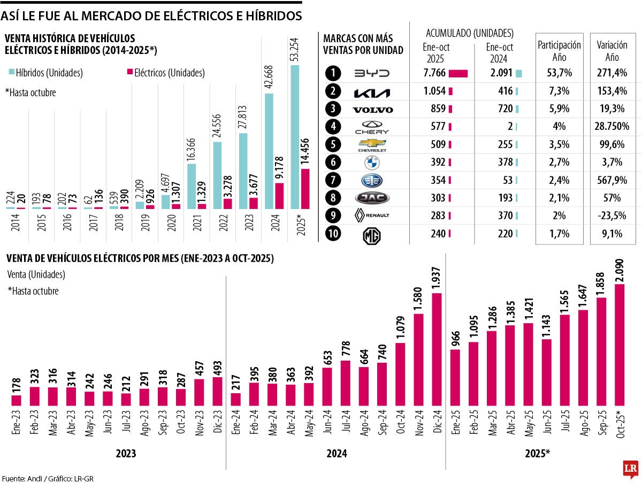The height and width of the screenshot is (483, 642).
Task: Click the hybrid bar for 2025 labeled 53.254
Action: (x=295, y=137)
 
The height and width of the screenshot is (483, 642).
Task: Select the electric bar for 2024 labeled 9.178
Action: (x=279, y=196)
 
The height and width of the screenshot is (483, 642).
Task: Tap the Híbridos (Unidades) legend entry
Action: (x=45, y=73)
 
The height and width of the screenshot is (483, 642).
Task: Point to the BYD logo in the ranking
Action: (x=372, y=74)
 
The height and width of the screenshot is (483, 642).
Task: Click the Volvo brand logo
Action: (x=372, y=110)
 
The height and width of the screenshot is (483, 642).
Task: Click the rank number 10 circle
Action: (x=333, y=233)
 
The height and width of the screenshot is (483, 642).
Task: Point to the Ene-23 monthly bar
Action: (x=16, y=400)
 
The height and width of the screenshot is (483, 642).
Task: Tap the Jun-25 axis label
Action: (x=547, y=425)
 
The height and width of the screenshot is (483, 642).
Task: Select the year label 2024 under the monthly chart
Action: (x=336, y=453)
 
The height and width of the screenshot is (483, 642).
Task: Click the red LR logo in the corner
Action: (x=630, y=469)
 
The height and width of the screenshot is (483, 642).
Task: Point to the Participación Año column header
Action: (x=559, y=51)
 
